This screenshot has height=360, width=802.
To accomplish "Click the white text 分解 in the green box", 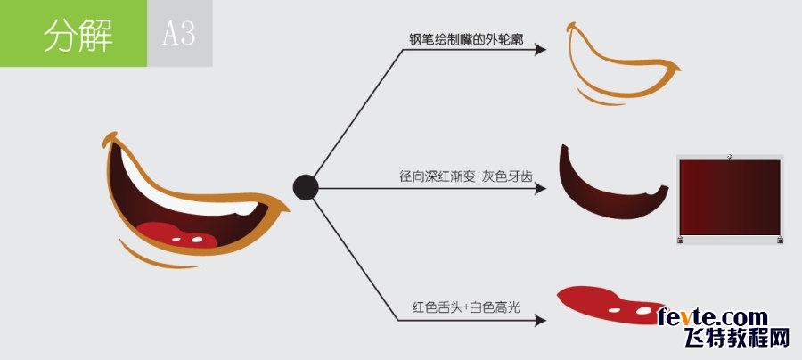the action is coord(78,36).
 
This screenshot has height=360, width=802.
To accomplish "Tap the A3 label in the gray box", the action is coord(179,34).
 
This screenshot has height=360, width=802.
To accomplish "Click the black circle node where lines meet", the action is coord(306,187).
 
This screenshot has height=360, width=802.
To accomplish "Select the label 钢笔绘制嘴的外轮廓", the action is coord(466,40).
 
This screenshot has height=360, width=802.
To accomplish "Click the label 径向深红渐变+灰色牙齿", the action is coord(466,176).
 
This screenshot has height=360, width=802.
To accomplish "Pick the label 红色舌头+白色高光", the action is coord(466,307).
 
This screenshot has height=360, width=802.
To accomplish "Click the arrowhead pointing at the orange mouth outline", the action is coord(541,50).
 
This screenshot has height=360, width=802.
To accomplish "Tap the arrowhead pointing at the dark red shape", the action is coord(541,188).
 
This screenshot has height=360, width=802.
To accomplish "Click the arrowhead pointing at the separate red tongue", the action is coord(541,321).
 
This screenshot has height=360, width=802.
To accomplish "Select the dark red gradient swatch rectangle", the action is coord(730,197).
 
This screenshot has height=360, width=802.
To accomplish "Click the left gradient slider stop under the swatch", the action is coord(680,240).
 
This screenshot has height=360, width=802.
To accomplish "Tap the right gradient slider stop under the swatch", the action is coord(780,240).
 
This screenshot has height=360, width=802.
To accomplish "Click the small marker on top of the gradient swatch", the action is coord(731,157).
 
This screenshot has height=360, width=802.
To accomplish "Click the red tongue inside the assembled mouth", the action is coord(174,234).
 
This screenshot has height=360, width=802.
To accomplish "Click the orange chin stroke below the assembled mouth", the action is coord(153,259).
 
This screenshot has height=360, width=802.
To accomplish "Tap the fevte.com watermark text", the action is coord(713,317).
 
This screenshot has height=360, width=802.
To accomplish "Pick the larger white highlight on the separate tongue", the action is coord(643,310).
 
